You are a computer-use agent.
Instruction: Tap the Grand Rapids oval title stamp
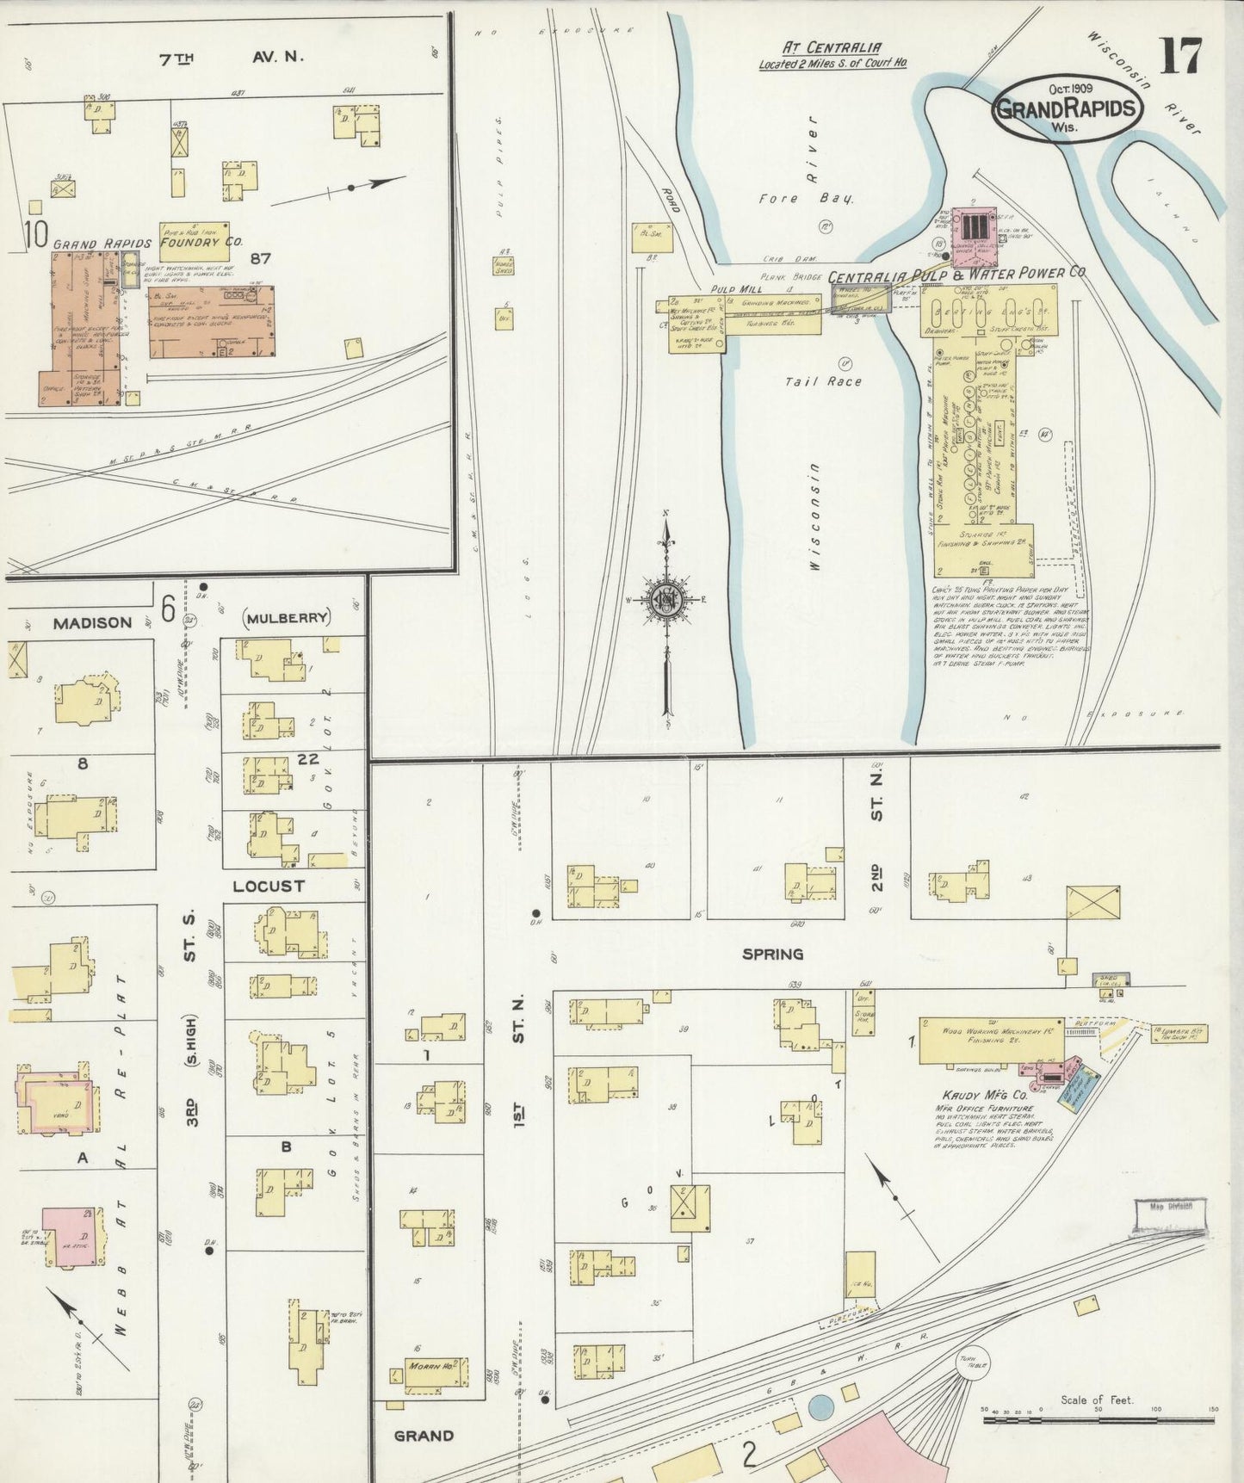pyautogui.click(x=1068, y=109)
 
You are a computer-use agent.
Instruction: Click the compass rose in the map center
pyautogui.click(x=666, y=600)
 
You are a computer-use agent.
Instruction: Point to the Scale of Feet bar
pyautogui.click(x=1097, y=1415)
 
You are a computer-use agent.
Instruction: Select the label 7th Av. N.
pyautogui.click(x=232, y=58)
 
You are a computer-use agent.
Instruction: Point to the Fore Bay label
pyautogui.click(x=806, y=198)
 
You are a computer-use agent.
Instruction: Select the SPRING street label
pyautogui.click(x=772, y=954)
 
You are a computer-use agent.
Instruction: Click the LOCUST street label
pyautogui.click(x=269, y=886)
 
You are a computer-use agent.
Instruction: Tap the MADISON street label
pyautogui.click(x=92, y=622)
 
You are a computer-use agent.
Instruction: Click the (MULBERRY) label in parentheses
pyautogui.click(x=287, y=617)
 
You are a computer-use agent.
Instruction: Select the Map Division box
pyautogui.click(x=1170, y=1206)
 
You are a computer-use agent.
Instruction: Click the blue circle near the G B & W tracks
pyautogui.click(x=820, y=1408)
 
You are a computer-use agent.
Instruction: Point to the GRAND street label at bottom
pyautogui.click(x=424, y=1435)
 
